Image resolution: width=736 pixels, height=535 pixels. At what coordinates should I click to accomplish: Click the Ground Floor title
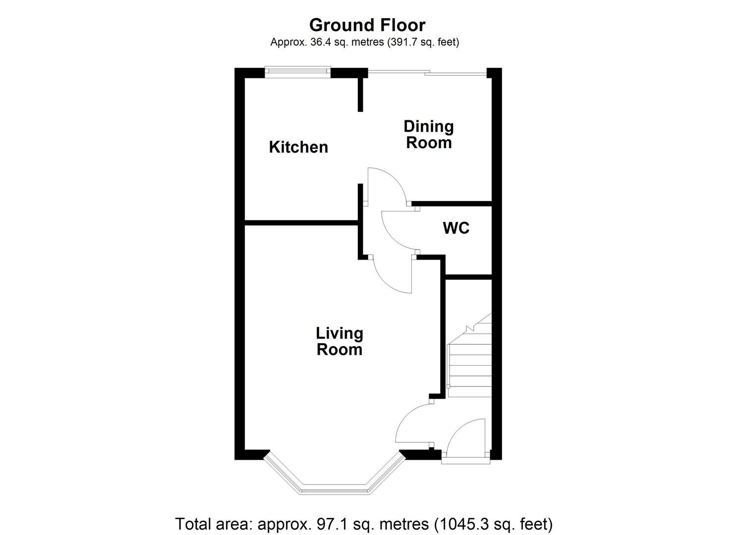[x=367, y=25]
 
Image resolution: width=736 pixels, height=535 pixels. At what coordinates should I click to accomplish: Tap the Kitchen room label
[x=298, y=147]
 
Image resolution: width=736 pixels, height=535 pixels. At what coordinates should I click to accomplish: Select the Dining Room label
[x=429, y=134]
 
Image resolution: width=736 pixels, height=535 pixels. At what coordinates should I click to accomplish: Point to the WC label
[x=456, y=228]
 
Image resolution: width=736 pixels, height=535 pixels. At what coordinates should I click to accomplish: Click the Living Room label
[x=340, y=341]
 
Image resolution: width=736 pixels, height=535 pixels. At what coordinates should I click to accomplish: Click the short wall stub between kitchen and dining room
[x=361, y=94]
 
